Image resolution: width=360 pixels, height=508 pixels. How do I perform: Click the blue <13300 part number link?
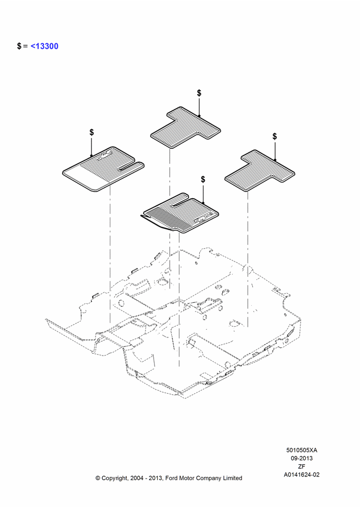(x=44, y=46)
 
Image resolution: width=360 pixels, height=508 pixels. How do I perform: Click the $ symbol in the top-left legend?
(x=19, y=46)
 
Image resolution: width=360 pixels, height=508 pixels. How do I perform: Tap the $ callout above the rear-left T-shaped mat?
(x=199, y=93)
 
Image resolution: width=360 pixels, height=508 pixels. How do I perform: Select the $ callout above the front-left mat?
(x=92, y=132)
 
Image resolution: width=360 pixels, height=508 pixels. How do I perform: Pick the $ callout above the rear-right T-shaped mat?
(x=275, y=136)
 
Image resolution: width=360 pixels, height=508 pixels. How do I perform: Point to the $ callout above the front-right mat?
(x=203, y=179)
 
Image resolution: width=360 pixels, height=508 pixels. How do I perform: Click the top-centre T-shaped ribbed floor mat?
(x=186, y=128)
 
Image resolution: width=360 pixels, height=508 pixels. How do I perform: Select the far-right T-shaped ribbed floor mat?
(x=260, y=170)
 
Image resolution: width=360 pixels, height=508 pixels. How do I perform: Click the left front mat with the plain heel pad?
(x=103, y=169)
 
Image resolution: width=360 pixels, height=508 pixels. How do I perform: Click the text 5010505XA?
(x=302, y=450)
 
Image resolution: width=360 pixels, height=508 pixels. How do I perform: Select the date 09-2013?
(x=302, y=458)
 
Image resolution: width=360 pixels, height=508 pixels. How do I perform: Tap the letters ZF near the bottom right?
(x=302, y=466)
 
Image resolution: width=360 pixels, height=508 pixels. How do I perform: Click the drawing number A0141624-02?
(x=302, y=474)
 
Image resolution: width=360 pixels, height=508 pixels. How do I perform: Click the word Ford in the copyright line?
(x=172, y=478)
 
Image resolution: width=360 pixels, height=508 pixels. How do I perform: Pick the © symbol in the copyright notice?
(x=98, y=478)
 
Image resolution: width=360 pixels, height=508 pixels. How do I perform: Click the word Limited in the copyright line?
(x=232, y=478)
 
